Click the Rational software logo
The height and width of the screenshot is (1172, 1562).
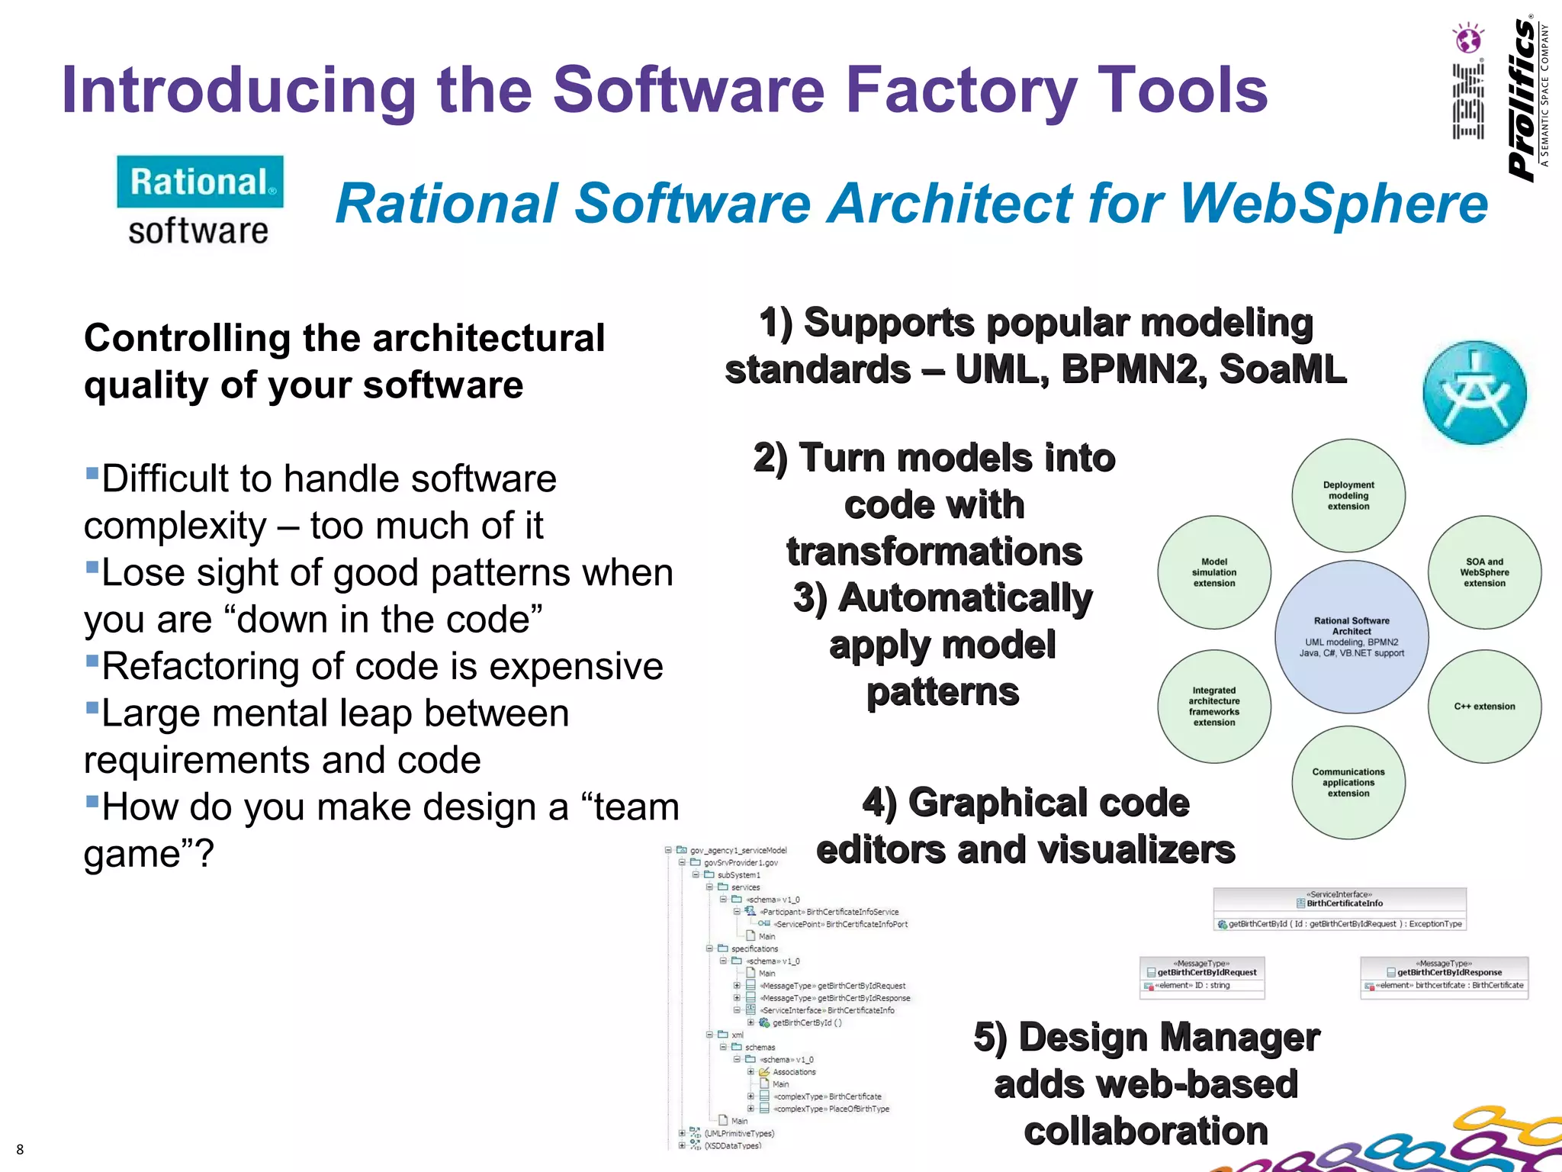[x=200, y=200]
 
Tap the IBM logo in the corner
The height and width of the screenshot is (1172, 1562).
[x=1468, y=82]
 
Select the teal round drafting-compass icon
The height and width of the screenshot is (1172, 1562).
[x=1474, y=392]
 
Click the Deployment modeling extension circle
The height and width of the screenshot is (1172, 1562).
[x=1348, y=495]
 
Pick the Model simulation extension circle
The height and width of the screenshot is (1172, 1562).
[x=1214, y=572]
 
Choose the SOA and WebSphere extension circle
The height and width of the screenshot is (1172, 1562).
[x=1484, y=572]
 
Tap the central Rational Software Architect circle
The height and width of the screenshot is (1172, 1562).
[x=1351, y=636]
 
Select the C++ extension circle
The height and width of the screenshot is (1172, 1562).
[x=1484, y=707]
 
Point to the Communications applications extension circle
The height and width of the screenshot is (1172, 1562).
[x=1348, y=783]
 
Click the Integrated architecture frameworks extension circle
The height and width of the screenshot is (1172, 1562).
[x=1214, y=707]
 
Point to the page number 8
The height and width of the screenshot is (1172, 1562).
[x=20, y=1149]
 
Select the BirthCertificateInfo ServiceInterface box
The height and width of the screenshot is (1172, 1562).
[x=1339, y=909]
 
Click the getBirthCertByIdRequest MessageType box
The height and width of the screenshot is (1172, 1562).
[x=1202, y=978]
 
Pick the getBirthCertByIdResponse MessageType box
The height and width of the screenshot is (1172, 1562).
[x=1444, y=978]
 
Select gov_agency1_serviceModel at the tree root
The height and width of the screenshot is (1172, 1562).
[x=738, y=850]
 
